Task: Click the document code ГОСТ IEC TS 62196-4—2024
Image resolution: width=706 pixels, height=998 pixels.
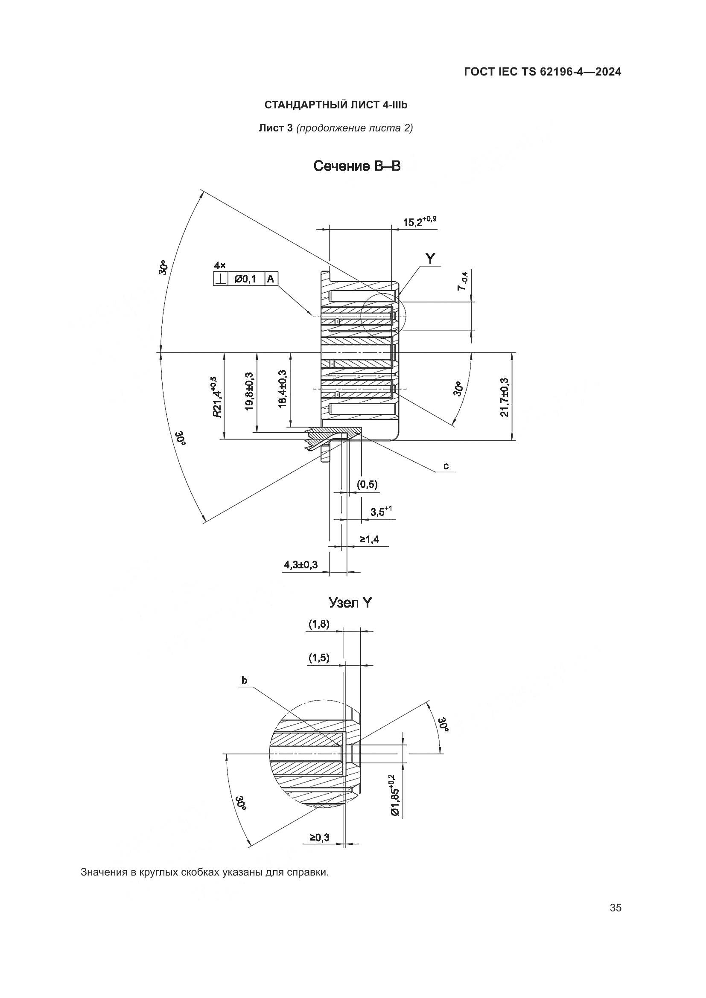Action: [x=543, y=72]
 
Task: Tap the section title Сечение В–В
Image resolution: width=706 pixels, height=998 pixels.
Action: [x=356, y=166]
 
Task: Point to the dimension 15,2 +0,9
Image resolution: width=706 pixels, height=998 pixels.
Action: [x=419, y=222]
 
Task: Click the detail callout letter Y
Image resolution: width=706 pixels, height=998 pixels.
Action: [x=430, y=259]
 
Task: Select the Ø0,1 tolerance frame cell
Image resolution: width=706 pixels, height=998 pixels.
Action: [x=245, y=279]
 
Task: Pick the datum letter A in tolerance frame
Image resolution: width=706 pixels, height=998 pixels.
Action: [x=270, y=279]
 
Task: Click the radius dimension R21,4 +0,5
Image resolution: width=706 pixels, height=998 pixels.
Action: [x=216, y=397]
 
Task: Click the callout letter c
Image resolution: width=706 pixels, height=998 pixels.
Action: [x=446, y=466]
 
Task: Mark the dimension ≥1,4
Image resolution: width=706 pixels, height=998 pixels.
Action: [x=369, y=539]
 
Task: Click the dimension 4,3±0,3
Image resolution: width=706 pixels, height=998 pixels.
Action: [x=301, y=564]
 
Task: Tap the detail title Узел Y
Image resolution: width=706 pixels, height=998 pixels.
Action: [x=350, y=602]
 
